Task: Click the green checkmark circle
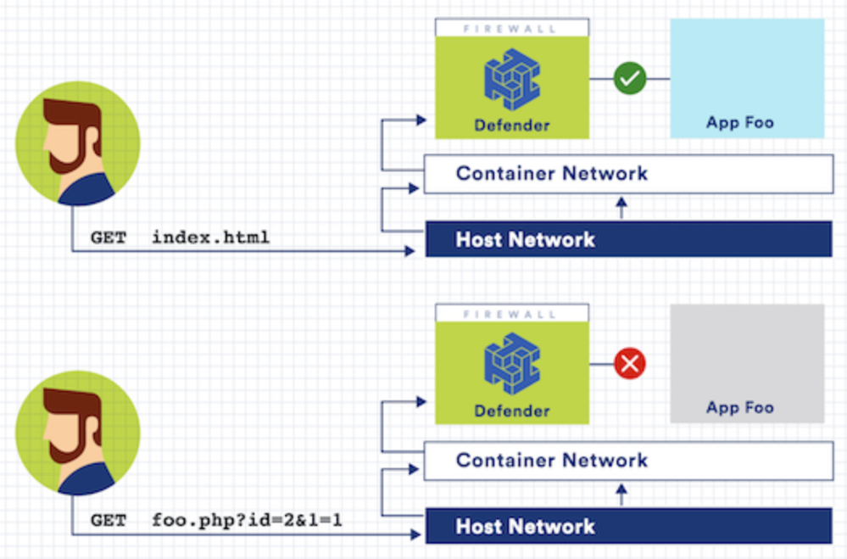pos(629,79)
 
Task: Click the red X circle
pos(629,364)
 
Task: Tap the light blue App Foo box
pos(747,79)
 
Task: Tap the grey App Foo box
pos(747,364)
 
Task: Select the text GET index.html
pos(180,238)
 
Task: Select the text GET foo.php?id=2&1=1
pos(216,519)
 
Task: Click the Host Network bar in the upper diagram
pos(627,239)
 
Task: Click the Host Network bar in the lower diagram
pos(627,526)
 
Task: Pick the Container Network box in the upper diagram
pos(627,174)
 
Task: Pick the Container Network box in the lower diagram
pos(627,461)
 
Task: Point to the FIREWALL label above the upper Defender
pos(511,28)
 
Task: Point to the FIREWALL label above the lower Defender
pos(511,313)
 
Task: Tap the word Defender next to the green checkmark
pos(512,126)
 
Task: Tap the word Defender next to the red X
pos(512,411)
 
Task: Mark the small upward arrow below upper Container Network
pos(621,207)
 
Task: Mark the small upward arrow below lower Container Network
pos(621,494)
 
